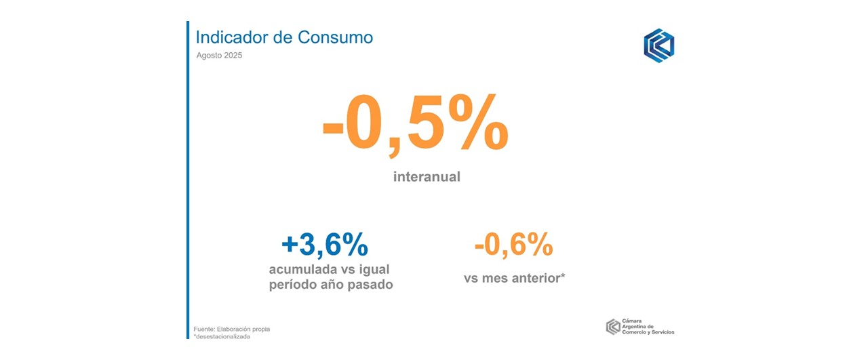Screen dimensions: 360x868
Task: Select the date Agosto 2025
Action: click(218, 56)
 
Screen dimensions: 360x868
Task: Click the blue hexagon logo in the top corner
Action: click(658, 46)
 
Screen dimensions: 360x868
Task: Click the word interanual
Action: click(427, 177)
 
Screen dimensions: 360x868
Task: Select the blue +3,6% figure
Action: click(324, 245)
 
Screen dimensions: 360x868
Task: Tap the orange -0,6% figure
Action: click(513, 245)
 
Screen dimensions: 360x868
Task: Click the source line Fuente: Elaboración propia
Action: click(231, 329)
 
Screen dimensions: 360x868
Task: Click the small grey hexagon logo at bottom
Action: click(612, 326)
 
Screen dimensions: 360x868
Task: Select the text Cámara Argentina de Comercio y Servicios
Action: click(648, 326)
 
